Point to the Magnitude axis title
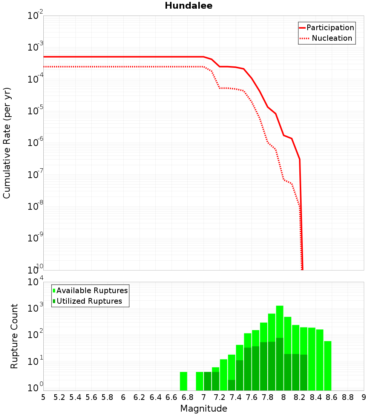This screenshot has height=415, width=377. (x=204, y=408)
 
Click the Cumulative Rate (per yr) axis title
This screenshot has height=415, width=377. (x=7, y=143)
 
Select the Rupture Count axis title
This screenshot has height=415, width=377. (x=14, y=336)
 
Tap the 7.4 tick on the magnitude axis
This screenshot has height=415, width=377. (x=236, y=397)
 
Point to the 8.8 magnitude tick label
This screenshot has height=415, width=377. (x=348, y=397)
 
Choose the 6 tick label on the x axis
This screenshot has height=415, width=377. (x=123, y=397)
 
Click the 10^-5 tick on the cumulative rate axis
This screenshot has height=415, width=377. (x=35, y=112)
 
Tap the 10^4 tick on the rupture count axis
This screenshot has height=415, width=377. (x=35, y=283)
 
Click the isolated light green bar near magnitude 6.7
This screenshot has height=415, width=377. (x=184, y=381)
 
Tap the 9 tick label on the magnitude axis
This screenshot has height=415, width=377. (x=363, y=397)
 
